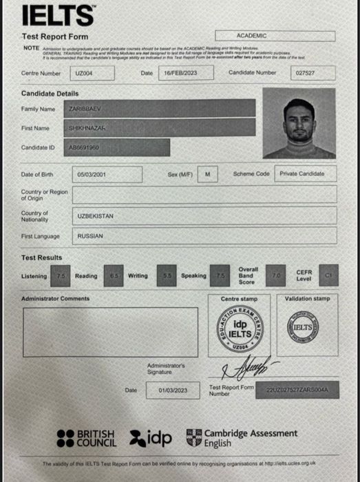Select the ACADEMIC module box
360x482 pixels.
tap(275, 35)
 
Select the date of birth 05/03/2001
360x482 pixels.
tap(109, 175)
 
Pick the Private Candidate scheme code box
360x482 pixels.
tap(306, 174)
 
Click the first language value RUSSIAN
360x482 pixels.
tap(90, 236)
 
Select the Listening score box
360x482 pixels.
tap(61, 276)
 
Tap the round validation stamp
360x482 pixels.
tap(306, 328)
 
